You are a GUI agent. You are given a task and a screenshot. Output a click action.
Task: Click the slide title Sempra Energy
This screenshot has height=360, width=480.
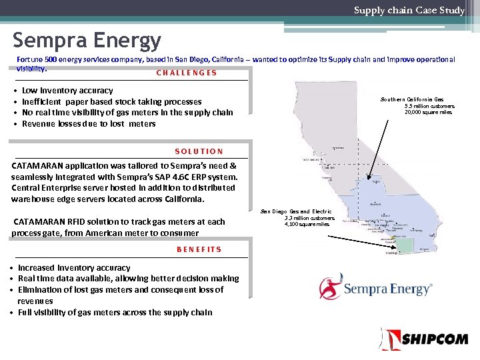pyautogui.click(x=87, y=41)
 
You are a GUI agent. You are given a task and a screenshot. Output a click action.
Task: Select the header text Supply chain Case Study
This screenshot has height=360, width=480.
pyautogui.click(x=409, y=10)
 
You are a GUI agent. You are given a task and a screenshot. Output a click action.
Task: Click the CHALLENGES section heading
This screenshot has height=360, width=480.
pyautogui.click(x=187, y=73)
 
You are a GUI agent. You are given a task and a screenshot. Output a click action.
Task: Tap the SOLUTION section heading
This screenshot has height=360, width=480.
pyautogui.click(x=199, y=151)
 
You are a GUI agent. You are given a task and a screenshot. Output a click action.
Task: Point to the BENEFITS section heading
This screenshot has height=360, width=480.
pyautogui.click(x=199, y=249)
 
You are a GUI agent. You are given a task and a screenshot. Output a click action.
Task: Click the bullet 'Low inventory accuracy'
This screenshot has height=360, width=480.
pyautogui.click(x=67, y=91)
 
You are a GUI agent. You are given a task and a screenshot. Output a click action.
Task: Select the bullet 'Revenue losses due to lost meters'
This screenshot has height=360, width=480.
pyautogui.click(x=89, y=124)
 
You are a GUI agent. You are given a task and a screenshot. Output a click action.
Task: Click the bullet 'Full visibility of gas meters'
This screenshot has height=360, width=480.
pyautogui.click(x=115, y=312)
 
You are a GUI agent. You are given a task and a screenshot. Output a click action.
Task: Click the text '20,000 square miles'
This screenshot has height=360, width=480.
pyautogui.click(x=428, y=112)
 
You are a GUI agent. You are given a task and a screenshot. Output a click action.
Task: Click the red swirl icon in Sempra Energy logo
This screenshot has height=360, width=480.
pyautogui.click(x=331, y=288)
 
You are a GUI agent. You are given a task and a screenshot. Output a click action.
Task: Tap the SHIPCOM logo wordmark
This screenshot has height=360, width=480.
pyautogui.click(x=433, y=339)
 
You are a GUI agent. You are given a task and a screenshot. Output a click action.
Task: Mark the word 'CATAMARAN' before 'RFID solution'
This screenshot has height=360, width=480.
pyautogui.click(x=38, y=222)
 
